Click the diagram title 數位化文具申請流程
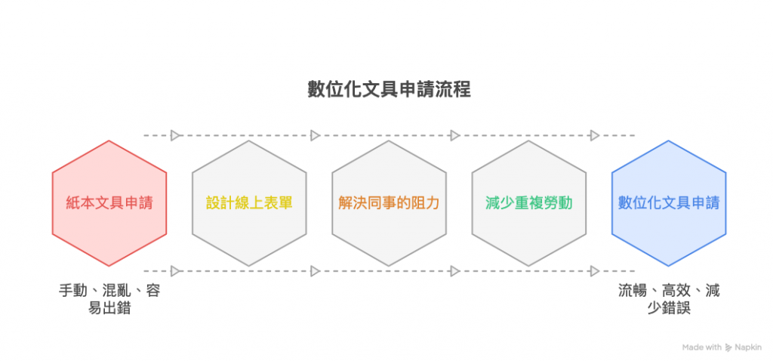(389, 89)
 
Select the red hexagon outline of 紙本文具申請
(53, 202)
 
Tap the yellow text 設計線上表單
(249, 203)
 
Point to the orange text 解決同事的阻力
(389, 203)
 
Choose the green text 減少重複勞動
(528, 203)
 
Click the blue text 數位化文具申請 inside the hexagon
(668, 203)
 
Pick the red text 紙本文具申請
(109, 203)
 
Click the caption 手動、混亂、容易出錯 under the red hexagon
(109, 299)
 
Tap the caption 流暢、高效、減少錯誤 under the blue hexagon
(668, 299)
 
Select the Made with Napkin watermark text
(721, 347)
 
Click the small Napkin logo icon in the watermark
(728, 347)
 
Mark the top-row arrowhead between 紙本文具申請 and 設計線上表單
(175, 136)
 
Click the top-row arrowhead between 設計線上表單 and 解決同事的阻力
(316, 136)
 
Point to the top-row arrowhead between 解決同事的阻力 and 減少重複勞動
(454, 136)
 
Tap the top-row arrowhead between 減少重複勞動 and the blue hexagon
(594, 136)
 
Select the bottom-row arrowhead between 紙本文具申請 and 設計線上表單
(175, 270)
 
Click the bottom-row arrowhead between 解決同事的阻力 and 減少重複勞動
(454, 270)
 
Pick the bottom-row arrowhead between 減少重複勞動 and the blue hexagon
(594, 270)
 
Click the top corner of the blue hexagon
(668, 140)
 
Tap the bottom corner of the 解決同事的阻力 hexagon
(389, 266)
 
